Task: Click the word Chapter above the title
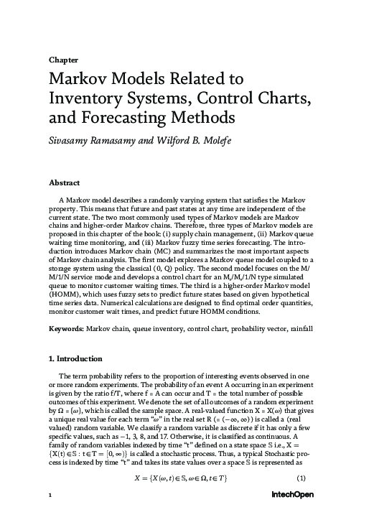(63, 60)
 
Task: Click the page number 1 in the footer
(50, 516)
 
